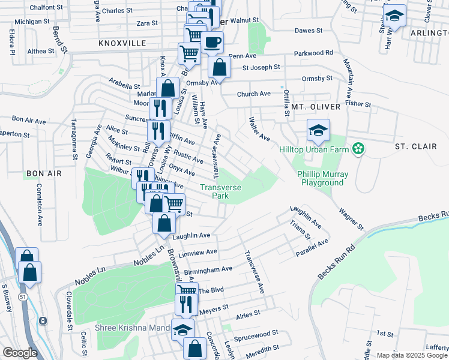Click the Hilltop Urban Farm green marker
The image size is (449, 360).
coord(358,148)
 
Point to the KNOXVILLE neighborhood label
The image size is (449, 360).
coord(122,44)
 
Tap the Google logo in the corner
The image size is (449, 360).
coord(20,352)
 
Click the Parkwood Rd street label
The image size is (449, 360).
coord(313,53)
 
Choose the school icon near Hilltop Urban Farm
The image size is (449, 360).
coord(319,130)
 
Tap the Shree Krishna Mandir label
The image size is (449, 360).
coord(133,328)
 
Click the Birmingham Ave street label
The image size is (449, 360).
coord(208,271)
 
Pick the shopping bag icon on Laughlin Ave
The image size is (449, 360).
coord(164,223)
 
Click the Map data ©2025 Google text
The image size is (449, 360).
coord(411,355)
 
